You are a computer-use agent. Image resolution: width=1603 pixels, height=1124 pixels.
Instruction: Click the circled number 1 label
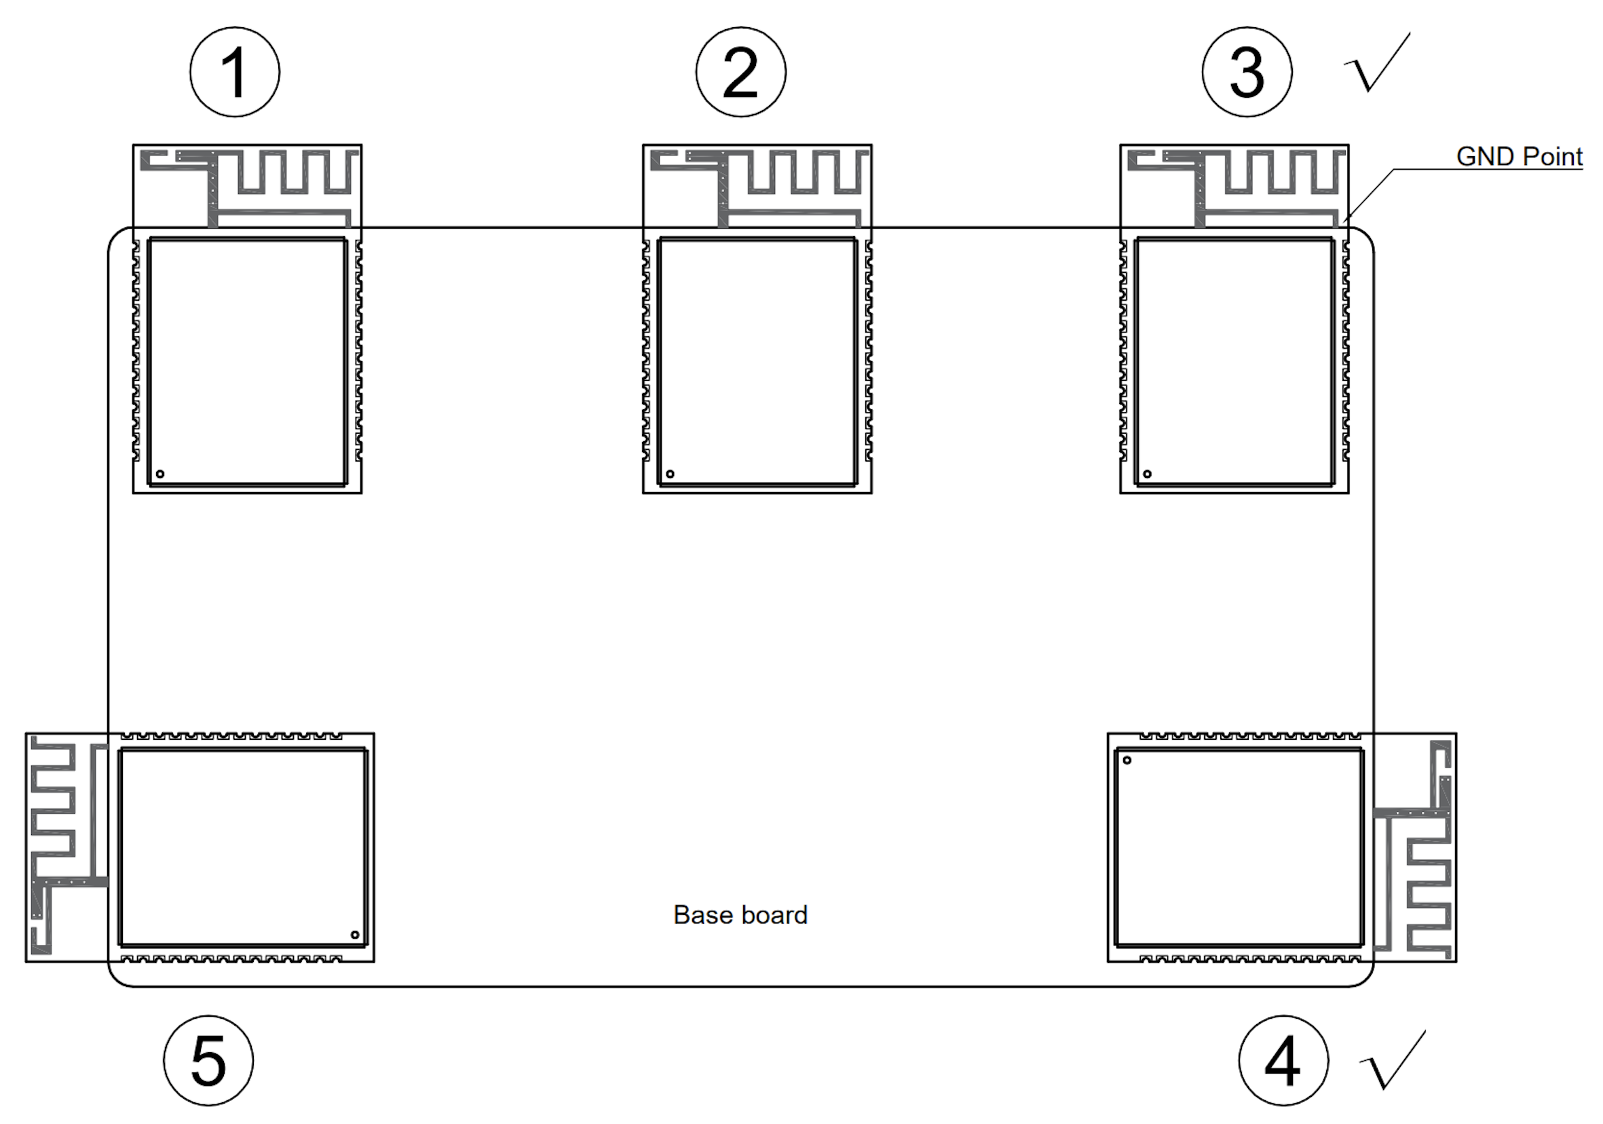(235, 72)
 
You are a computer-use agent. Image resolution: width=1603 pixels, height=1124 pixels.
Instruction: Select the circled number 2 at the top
(740, 72)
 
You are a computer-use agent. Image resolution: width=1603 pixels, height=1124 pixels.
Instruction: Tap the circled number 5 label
(209, 1060)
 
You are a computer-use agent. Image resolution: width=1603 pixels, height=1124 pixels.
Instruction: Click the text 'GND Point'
(1520, 156)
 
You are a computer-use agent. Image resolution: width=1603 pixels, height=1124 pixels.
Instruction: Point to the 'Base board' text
(740, 914)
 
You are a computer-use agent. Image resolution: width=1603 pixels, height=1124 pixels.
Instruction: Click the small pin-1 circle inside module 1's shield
(160, 474)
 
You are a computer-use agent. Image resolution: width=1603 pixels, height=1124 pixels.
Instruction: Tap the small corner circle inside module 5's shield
(355, 935)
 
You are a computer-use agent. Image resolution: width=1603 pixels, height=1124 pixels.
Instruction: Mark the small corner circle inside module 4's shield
(1127, 760)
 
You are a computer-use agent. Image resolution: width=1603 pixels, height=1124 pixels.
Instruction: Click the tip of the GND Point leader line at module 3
(1343, 222)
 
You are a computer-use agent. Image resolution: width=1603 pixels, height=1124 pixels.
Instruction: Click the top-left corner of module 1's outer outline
(133, 145)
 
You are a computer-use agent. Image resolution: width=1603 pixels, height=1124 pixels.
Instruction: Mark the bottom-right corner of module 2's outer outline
(872, 493)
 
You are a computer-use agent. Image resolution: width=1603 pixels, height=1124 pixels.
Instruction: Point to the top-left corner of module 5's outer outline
(26, 734)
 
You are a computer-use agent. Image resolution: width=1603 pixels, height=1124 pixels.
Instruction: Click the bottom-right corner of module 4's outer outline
(1456, 962)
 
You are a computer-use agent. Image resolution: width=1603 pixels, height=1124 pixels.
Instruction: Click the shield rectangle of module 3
(1234, 362)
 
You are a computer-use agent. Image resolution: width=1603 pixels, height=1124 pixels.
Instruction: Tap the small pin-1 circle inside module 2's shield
(671, 474)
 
